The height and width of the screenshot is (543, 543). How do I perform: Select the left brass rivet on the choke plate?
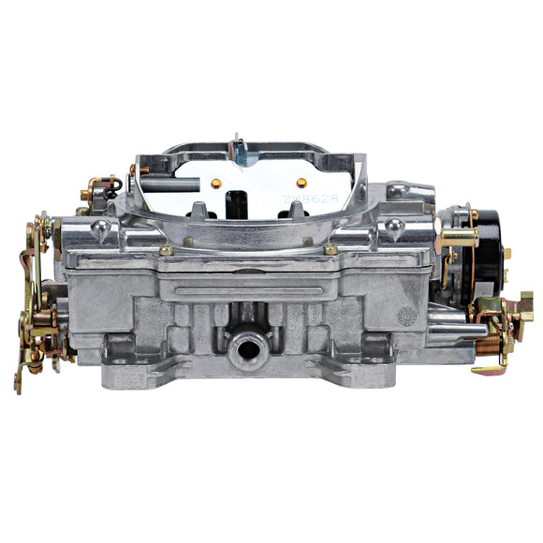[217, 183]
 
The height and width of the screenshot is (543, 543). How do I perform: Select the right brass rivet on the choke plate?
[301, 183]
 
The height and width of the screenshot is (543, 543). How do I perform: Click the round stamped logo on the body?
[407, 316]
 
